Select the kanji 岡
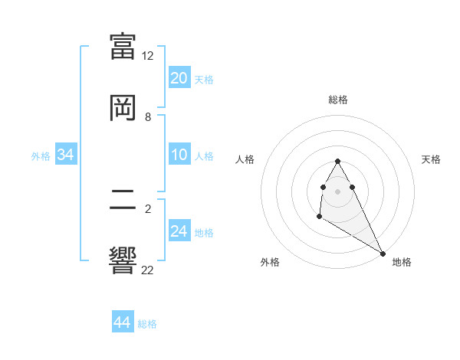click(123, 107)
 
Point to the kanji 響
click(123, 260)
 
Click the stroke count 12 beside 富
click(148, 56)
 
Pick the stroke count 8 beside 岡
click(148, 117)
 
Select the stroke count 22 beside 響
click(148, 269)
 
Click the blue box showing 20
click(179, 78)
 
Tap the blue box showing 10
click(179, 155)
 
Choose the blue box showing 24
click(179, 231)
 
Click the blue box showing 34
click(66, 155)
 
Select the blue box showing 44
click(122, 322)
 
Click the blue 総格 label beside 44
click(147, 324)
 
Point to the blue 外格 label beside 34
click(41, 156)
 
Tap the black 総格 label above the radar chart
click(338, 100)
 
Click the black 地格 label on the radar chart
click(402, 263)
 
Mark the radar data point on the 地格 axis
click(383, 254)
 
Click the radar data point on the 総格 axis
click(337, 161)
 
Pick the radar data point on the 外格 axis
click(319, 218)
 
